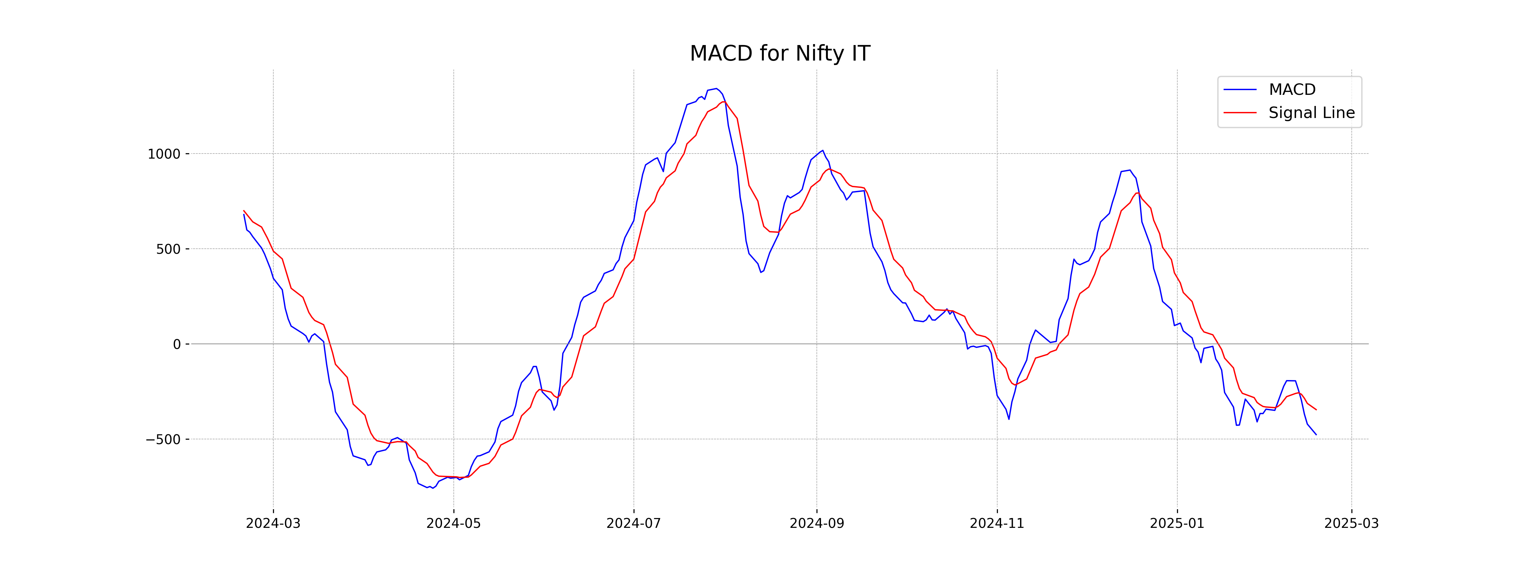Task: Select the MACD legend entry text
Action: point(1292,90)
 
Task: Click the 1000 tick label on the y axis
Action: point(164,154)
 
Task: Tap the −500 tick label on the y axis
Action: point(163,440)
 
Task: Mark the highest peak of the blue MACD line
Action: point(716,89)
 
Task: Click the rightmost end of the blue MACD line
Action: point(1316,435)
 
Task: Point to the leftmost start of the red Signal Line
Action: point(244,210)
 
